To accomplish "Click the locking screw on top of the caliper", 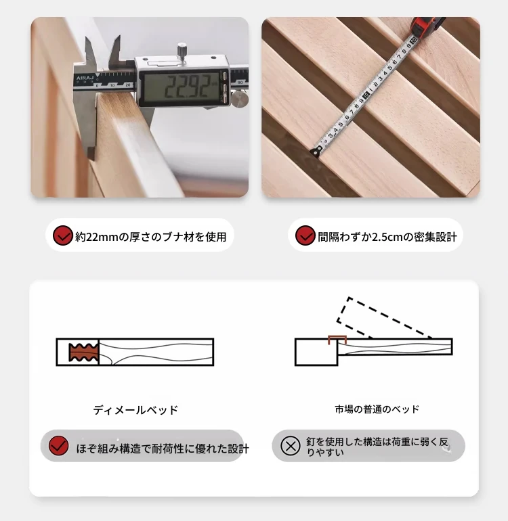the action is point(182,51).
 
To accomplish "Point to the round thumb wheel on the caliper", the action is point(240,99).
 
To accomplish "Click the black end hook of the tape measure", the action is point(315,152).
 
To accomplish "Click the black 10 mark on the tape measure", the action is point(365,95).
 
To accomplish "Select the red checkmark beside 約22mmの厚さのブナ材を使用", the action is point(62,235).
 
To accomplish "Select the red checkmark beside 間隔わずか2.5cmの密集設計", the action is point(305,235).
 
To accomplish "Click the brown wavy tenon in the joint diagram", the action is point(83,353).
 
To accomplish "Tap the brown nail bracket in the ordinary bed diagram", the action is point(337,340).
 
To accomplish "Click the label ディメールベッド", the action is point(135,410).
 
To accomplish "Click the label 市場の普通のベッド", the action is point(377,409).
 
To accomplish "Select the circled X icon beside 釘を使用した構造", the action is point(291,446).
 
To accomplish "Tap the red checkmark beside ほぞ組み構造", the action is point(58,446).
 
